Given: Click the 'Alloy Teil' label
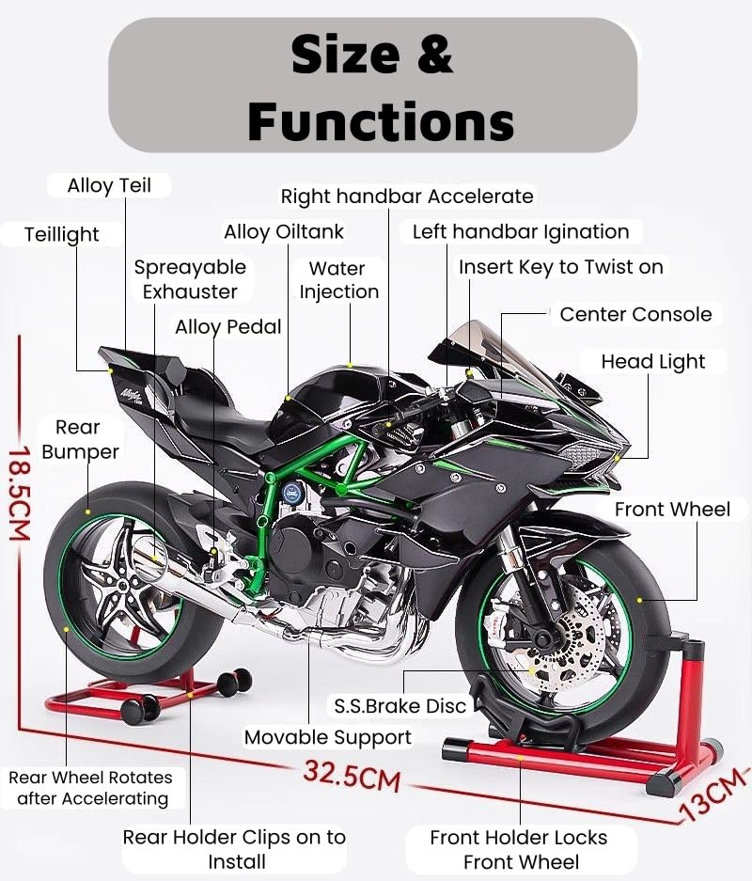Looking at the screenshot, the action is (x=109, y=185).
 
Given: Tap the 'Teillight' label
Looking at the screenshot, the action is (x=62, y=234).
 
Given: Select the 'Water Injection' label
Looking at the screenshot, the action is (x=338, y=280).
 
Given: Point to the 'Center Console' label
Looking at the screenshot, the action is (x=635, y=314).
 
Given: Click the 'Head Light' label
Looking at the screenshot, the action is (x=652, y=362).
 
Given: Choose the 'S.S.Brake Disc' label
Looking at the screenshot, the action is (x=399, y=706).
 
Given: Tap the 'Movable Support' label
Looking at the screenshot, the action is (x=328, y=737).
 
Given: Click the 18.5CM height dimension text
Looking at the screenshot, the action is (x=20, y=494).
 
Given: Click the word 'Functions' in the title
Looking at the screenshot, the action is (x=381, y=121).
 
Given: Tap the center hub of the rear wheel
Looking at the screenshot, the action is (x=120, y=584).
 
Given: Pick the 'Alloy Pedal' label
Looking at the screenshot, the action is (x=228, y=327).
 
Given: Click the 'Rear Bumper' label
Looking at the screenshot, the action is (x=80, y=439).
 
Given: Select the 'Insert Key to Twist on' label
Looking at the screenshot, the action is (x=561, y=267).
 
